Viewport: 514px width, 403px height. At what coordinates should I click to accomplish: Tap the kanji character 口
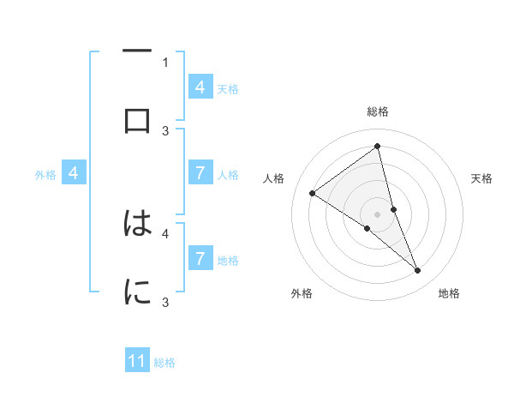pos(137,121)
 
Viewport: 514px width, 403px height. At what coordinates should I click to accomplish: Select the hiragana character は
pos(137,224)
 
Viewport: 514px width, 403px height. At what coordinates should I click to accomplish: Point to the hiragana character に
pos(137,292)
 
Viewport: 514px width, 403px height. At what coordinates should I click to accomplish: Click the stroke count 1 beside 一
pos(165,62)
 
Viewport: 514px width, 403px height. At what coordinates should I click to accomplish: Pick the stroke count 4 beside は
pos(165,232)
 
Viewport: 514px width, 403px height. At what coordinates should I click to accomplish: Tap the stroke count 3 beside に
pos(165,302)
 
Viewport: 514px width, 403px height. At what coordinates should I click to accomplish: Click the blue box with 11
pos(137,361)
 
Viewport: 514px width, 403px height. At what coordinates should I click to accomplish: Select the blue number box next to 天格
pos(200,87)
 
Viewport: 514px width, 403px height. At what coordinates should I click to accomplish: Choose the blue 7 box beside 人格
pos(200,173)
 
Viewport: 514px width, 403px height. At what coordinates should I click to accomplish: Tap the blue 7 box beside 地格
pos(200,258)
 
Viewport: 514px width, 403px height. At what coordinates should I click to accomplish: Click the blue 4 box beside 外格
pos(74,173)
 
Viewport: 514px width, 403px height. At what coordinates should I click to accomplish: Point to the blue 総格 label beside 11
pos(164,363)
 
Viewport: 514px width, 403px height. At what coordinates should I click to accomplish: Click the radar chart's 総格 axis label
pos(378,112)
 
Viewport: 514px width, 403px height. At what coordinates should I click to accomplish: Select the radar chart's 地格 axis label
pos(449,294)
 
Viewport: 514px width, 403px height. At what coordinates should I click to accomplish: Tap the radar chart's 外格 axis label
pos(302,294)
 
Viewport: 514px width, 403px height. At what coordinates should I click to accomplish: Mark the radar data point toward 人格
pos(312,194)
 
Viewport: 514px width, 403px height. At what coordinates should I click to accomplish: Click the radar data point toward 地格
pos(418,271)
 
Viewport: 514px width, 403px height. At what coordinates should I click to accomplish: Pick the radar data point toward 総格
pos(378,147)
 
